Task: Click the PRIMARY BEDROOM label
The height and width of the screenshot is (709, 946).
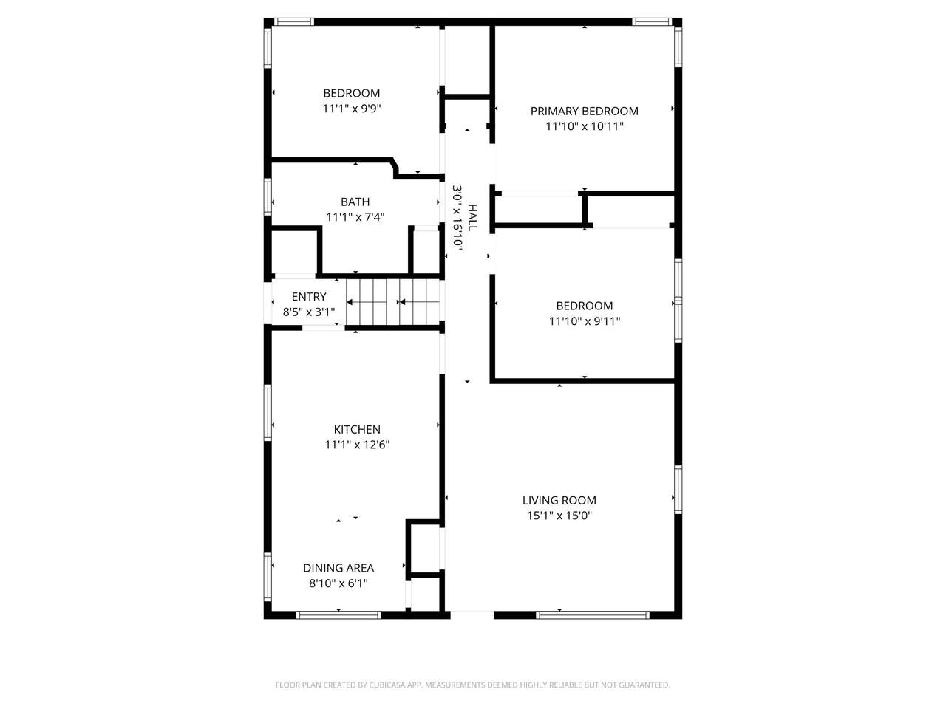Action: [x=584, y=111]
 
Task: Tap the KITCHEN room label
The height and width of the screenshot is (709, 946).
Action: [x=357, y=429]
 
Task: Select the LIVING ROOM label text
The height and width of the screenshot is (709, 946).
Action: [x=559, y=500]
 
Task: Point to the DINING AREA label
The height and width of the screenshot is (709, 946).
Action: [x=338, y=568]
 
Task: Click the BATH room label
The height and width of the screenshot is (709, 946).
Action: [x=355, y=202]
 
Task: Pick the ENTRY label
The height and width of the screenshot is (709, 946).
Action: [x=309, y=297]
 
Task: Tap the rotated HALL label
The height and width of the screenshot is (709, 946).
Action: [x=472, y=217]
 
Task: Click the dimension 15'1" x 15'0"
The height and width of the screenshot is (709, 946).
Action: [x=559, y=516]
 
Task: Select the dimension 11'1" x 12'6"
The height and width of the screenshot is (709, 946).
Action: [x=357, y=445]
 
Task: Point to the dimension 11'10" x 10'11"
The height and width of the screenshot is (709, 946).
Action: [x=584, y=126]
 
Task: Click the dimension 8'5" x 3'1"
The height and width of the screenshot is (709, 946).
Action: [x=309, y=312]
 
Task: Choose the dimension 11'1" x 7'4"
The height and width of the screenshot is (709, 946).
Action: [x=355, y=216]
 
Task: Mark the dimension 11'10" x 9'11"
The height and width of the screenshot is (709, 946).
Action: [x=584, y=321]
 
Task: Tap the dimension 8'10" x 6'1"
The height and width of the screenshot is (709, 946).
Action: [x=338, y=583]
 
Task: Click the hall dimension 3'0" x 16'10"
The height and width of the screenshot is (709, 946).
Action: [x=457, y=217]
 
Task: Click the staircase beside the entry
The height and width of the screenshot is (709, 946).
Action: [x=392, y=302]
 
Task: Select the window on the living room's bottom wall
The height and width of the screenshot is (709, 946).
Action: [x=592, y=614]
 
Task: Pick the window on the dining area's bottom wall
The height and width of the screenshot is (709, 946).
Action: [x=338, y=614]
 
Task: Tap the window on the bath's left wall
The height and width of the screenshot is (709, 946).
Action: [x=268, y=196]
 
